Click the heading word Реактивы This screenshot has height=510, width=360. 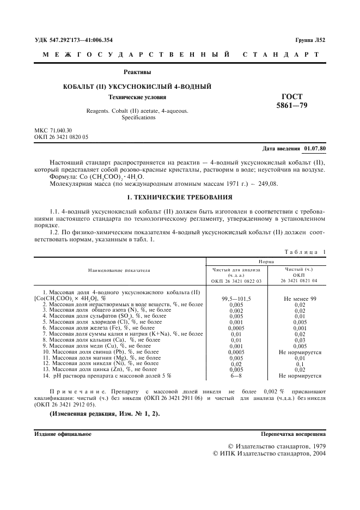[x=137, y=72]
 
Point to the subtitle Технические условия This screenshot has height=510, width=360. [x=137, y=97]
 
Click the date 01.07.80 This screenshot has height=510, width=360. [x=315, y=148]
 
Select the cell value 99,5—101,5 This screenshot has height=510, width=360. [x=236, y=299]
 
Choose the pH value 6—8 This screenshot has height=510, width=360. [x=236, y=375]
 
